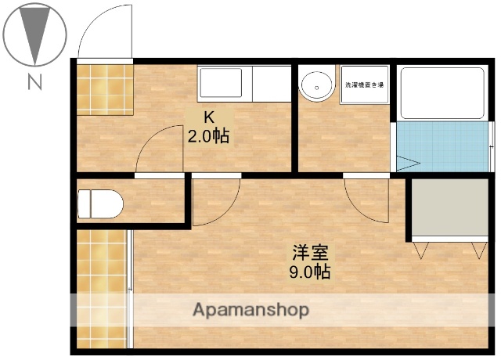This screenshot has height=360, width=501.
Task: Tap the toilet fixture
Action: (100, 203)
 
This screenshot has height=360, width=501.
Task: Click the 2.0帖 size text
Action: (208, 136)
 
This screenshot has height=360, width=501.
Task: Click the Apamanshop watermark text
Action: (250, 310)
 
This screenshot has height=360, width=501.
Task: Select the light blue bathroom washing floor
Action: (442, 146)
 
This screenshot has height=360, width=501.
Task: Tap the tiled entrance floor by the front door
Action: (106, 88)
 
